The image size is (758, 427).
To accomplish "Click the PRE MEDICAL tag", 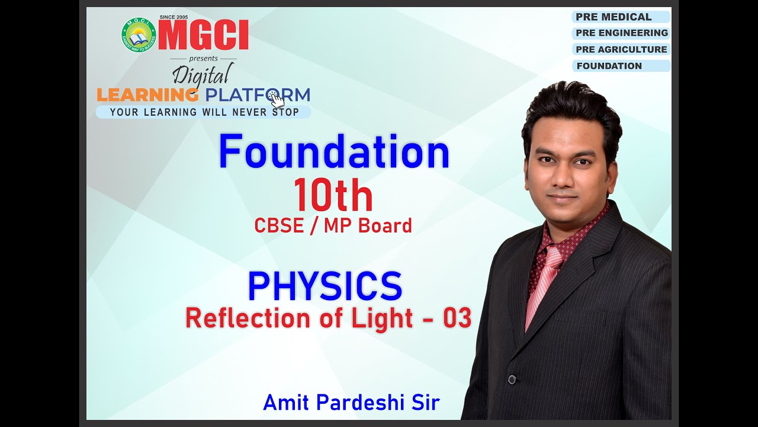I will (x=614, y=17).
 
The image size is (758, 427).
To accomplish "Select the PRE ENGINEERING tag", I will (x=621, y=33).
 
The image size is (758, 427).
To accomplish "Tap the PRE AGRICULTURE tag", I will (x=621, y=50).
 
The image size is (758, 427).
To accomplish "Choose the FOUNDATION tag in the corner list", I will (x=609, y=66).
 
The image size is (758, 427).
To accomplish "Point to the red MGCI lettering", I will (x=203, y=36).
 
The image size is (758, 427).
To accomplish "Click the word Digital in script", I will (x=201, y=75).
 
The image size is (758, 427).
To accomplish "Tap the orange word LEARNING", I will (x=147, y=95).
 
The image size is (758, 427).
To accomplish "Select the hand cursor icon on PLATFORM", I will (x=275, y=98).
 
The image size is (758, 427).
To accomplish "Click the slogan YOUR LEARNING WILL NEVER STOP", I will (x=204, y=112).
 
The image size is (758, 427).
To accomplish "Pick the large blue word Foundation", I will (x=334, y=152).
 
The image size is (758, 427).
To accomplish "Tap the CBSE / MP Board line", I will (x=333, y=225).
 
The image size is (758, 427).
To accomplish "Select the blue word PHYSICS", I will (x=325, y=286).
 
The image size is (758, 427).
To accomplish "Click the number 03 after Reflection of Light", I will (x=457, y=318).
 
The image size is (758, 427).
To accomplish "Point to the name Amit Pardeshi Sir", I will (x=351, y=402).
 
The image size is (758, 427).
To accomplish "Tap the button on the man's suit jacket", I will (x=512, y=380).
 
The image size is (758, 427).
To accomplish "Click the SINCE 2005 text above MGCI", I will (x=174, y=17).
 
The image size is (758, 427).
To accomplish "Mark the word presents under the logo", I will (x=203, y=59).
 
